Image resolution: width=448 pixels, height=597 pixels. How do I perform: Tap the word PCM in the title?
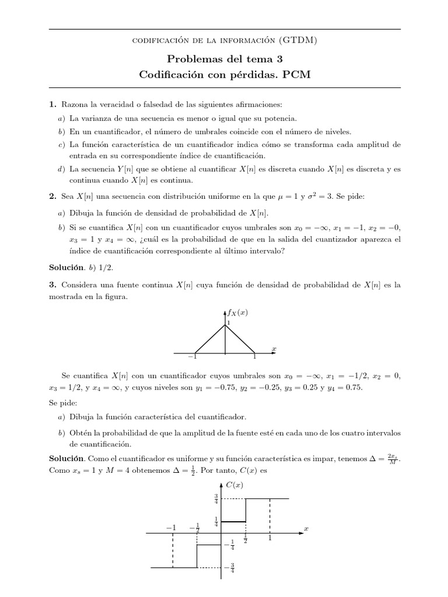tap(294, 75)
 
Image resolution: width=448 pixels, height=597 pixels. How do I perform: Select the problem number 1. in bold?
tap(52, 104)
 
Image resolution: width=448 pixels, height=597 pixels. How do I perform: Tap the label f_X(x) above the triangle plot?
tap(238, 312)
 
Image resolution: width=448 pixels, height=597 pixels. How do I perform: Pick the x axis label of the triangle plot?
tap(274, 349)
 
